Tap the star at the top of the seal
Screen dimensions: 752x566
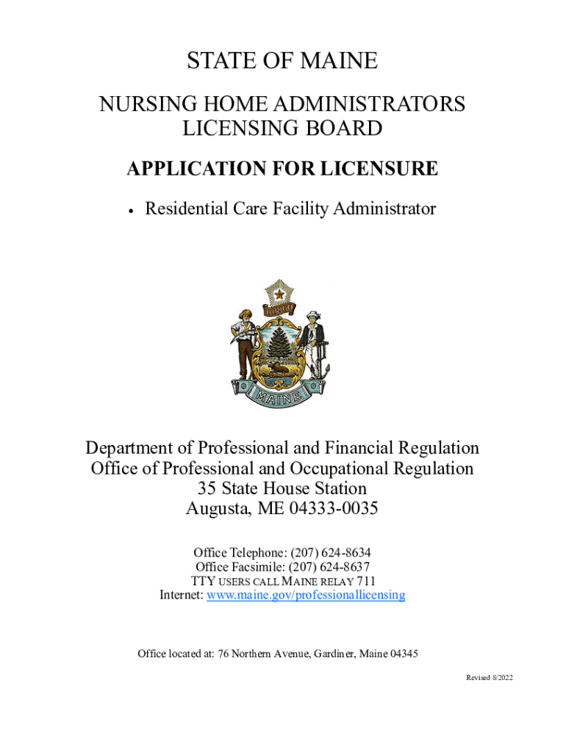(x=279, y=294)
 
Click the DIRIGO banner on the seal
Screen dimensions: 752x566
(x=280, y=309)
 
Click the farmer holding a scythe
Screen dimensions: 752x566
(x=243, y=341)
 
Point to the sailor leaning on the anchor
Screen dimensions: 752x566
(x=314, y=341)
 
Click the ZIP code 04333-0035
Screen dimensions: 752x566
(x=332, y=508)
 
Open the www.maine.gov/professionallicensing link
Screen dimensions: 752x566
(x=306, y=595)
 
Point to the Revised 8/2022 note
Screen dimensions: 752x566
(x=489, y=677)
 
